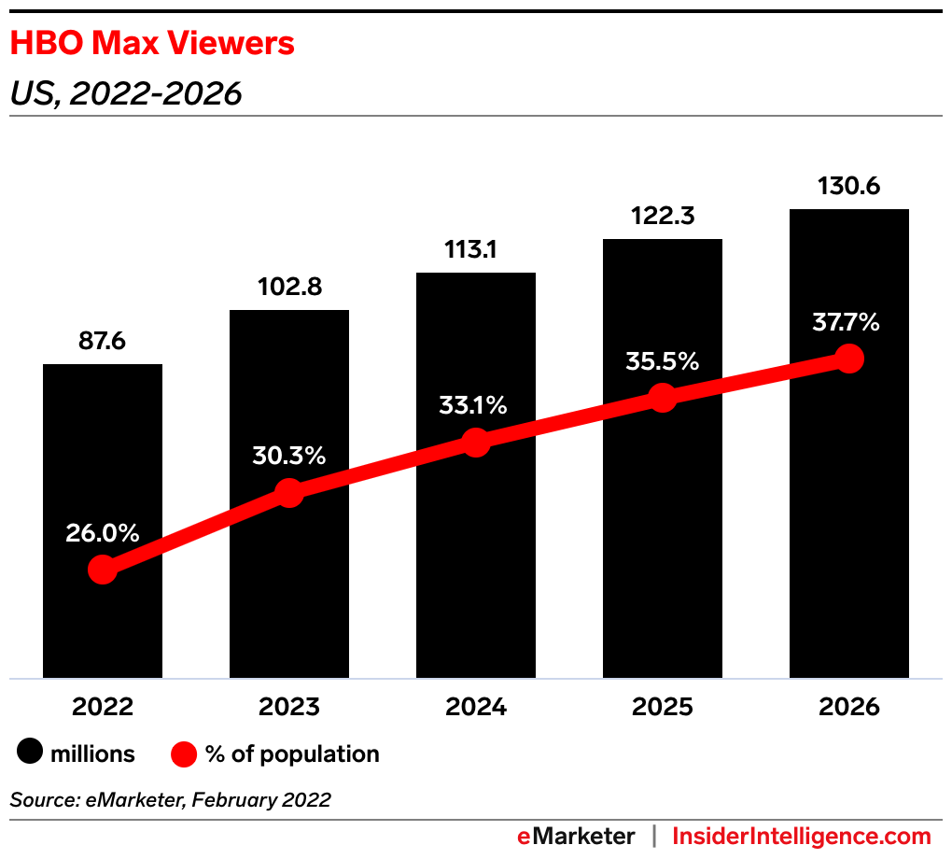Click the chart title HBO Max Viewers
click(x=152, y=43)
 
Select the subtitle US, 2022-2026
click(x=126, y=93)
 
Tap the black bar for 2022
click(x=103, y=448)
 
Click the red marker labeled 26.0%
click(x=103, y=570)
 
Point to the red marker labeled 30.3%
click(x=289, y=492)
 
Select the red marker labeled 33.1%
click(x=476, y=442)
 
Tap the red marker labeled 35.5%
click(x=663, y=398)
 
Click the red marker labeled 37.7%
click(x=848, y=358)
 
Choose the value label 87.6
click(x=103, y=341)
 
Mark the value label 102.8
click(x=289, y=287)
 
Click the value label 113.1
click(x=476, y=249)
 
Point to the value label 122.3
click(x=663, y=216)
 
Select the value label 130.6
click(x=848, y=186)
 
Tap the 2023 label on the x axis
click(x=289, y=706)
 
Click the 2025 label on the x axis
click(x=663, y=706)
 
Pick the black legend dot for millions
click(x=31, y=753)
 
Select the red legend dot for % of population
click(x=184, y=753)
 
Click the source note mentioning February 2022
click(x=170, y=799)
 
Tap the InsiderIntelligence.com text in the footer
click(x=802, y=836)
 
